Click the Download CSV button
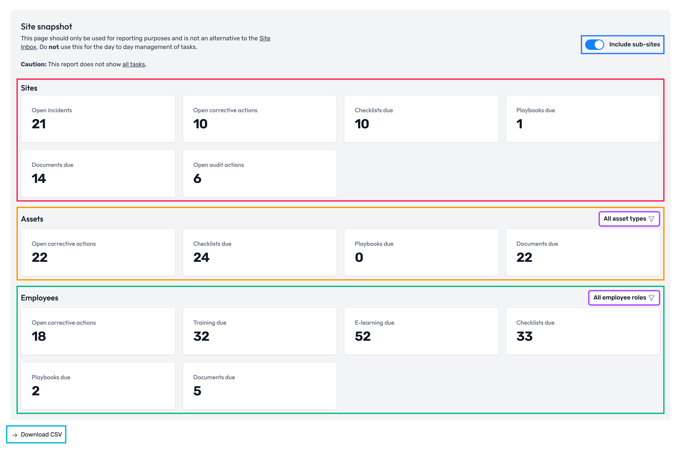[36, 434]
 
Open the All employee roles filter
[624, 298]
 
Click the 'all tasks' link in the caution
[134, 64]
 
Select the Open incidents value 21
[39, 124]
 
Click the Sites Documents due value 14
[39, 179]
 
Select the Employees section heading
[40, 298]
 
